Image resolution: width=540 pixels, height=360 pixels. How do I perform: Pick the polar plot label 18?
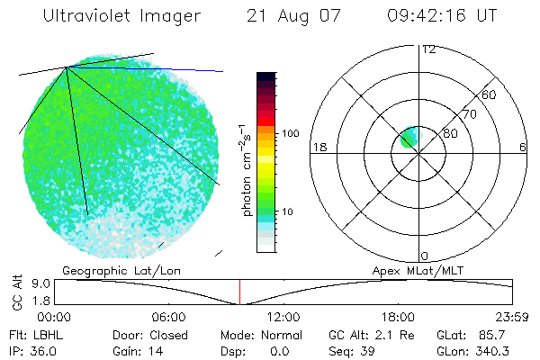tap(318, 147)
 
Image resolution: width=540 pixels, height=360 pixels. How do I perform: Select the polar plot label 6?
tap(523, 147)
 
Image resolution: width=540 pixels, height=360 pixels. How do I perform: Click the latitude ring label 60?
tap(490, 94)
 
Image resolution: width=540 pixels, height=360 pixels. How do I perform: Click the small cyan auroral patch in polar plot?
tap(409, 138)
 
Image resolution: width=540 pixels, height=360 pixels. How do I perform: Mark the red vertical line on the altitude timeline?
tap(239, 292)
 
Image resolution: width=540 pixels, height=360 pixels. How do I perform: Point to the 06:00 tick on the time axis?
tap(168, 317)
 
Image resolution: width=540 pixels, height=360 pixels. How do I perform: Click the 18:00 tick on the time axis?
tap(397, 317)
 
